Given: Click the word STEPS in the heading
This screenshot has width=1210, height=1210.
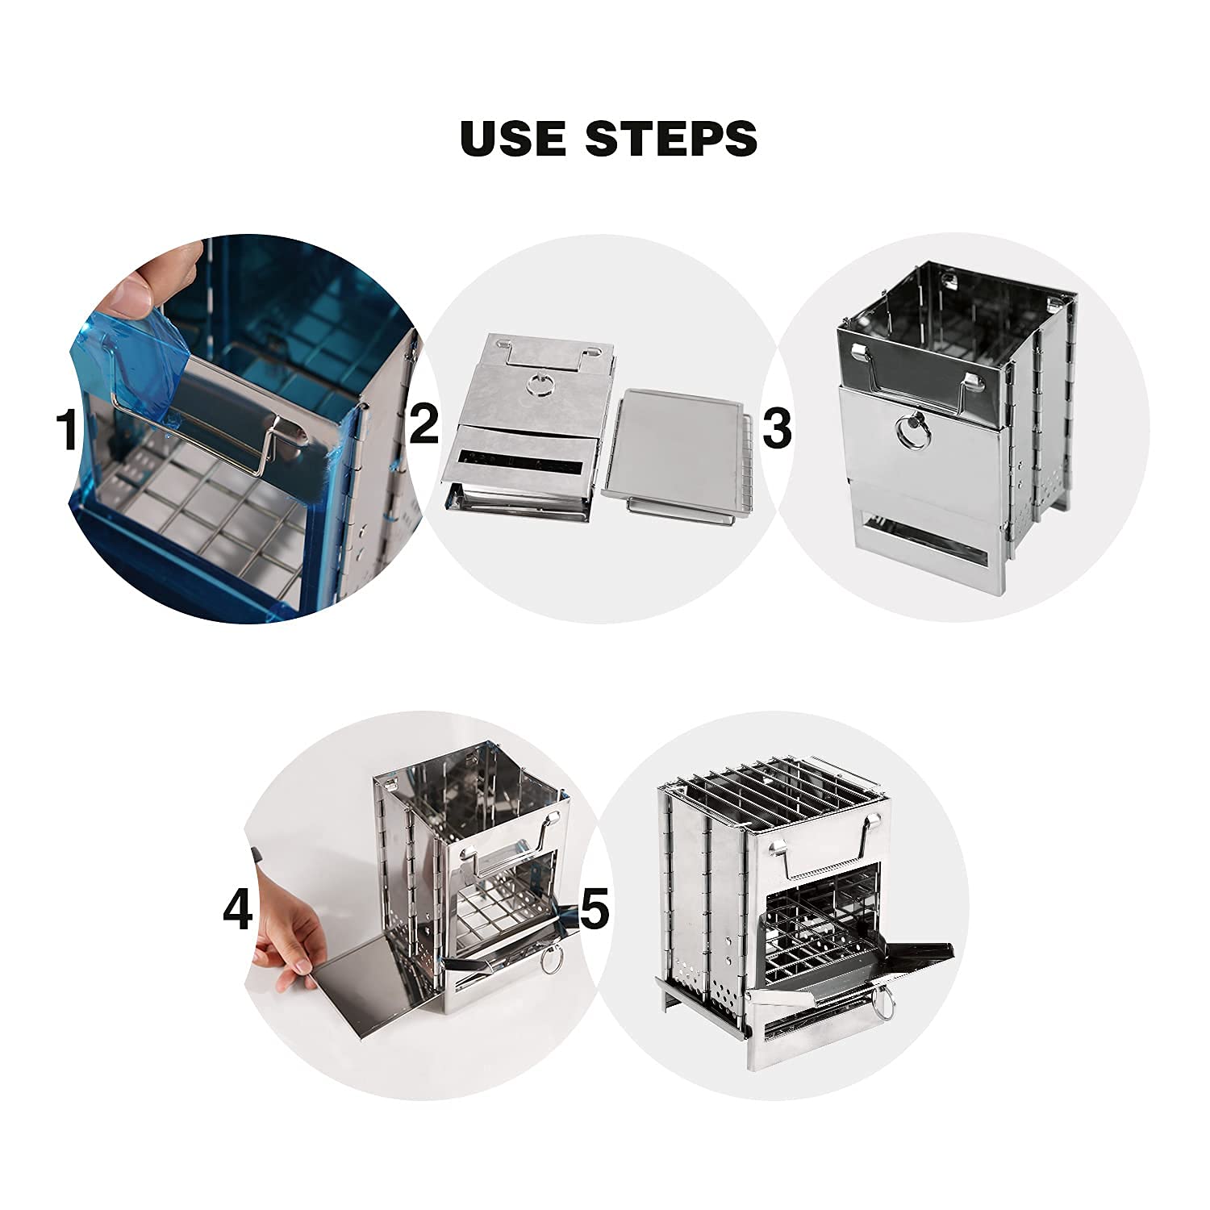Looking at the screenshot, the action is (x=683, y=138).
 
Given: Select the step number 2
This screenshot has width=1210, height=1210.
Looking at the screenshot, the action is (x=423, y=425).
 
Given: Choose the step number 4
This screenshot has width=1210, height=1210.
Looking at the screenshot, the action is (x=238, y=912).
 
